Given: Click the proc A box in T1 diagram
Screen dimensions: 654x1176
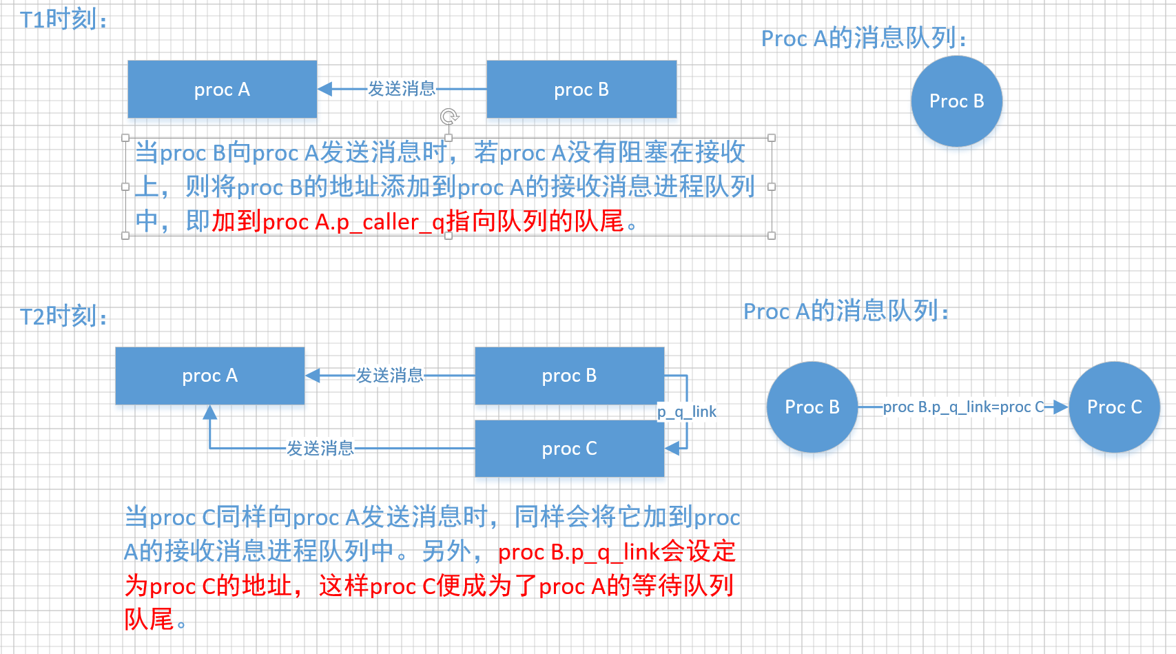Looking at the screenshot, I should pos(222,90).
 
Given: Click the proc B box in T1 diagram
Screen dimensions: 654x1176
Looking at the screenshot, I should pos(581,90).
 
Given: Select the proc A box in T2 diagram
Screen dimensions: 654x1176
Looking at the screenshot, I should pos(209,376).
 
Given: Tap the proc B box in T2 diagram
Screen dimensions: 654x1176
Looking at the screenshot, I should pos(569,376).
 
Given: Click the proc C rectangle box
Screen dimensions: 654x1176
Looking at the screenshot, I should pos(569,449).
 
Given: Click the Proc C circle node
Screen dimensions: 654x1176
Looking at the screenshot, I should pos(1114,407).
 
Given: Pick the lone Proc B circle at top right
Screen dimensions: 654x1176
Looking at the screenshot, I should pos(956,101).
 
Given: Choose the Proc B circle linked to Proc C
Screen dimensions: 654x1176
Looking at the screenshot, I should pos(812,407).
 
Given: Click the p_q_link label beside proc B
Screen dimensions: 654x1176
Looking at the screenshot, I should pos(686,412).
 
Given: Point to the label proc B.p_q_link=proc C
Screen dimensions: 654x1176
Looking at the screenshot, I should pos(963,407).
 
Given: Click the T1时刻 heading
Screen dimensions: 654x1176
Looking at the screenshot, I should pos(63,19).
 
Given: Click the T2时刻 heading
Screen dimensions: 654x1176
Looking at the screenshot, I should pos(63,316).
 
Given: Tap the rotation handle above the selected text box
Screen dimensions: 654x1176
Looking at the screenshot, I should pos(449,116).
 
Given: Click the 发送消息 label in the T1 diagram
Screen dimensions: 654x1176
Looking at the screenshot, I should pos(402,89).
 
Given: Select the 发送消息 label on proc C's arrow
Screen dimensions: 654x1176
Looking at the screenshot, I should pos(320,449).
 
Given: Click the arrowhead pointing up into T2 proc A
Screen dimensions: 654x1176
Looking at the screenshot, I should pos(210,412).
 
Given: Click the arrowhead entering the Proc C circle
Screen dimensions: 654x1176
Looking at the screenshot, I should pos(1061,407).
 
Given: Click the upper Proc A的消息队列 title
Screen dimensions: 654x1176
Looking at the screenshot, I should pos(863,39).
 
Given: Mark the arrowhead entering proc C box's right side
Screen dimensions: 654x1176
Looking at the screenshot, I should pos(672,449).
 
